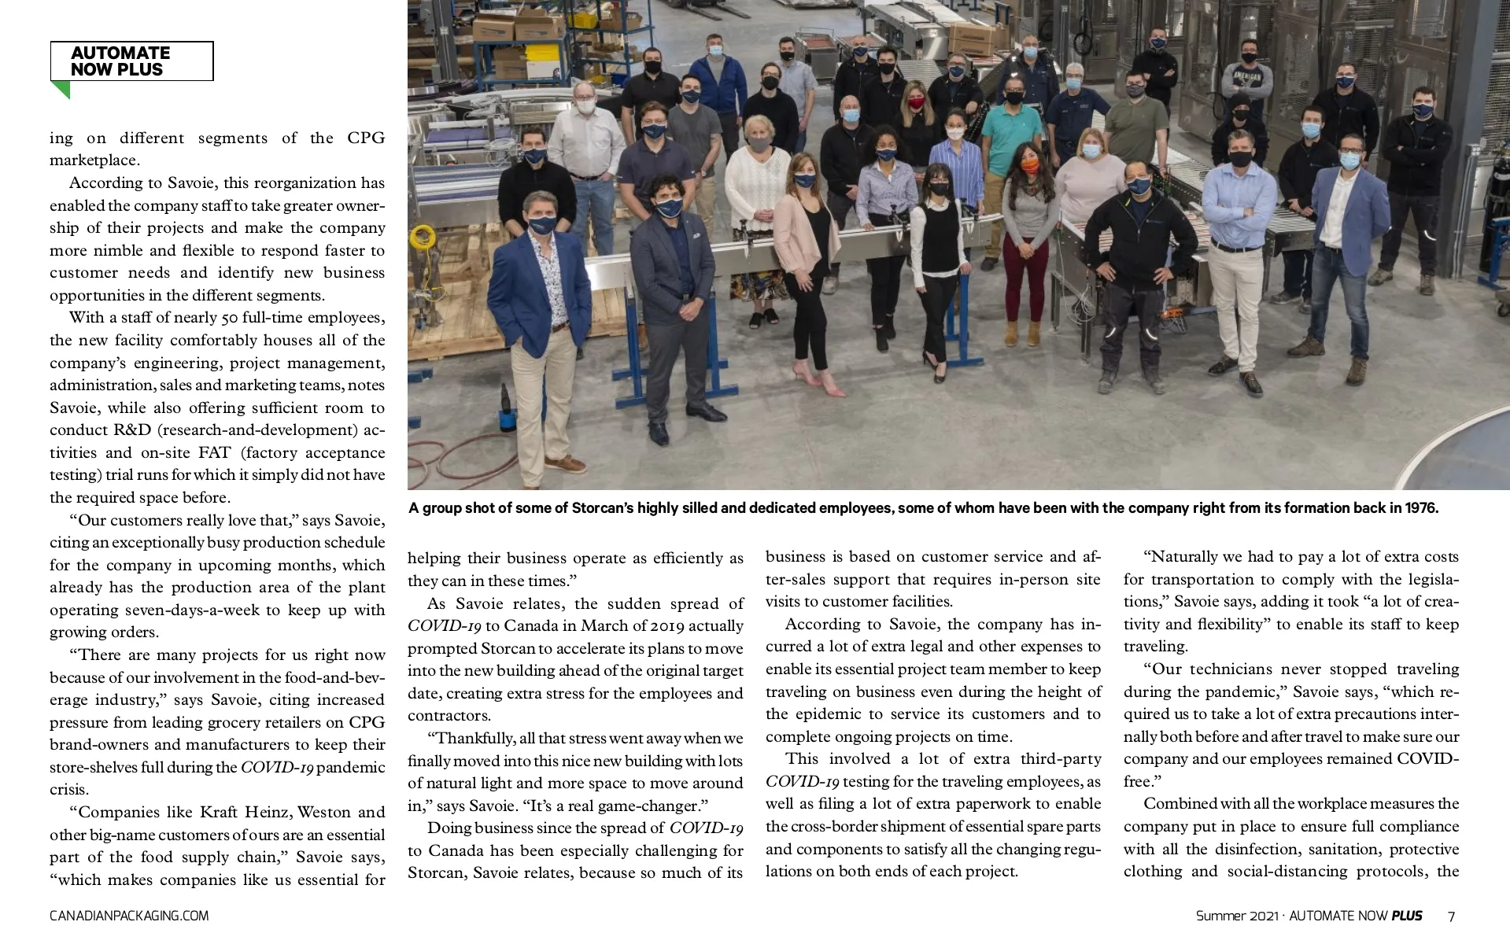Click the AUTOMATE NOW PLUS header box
131,61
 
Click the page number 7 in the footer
1451,916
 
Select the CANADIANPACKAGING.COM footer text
129,916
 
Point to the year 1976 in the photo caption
1422,508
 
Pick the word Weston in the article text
323,812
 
